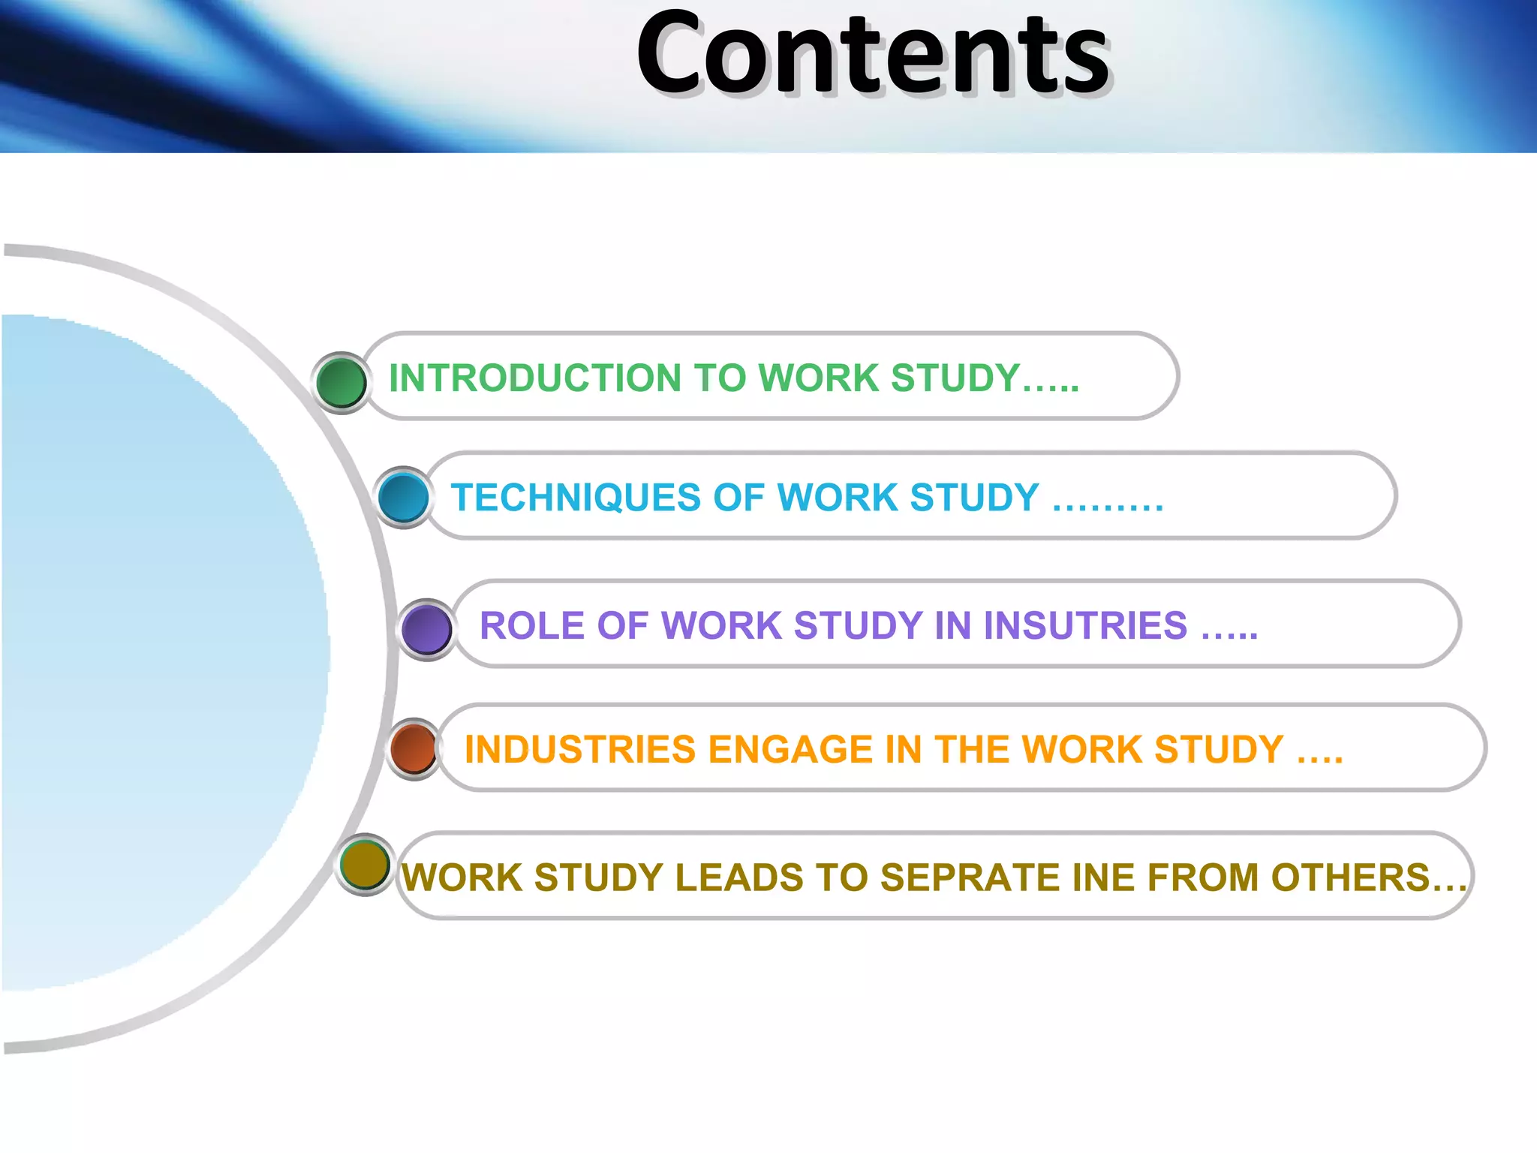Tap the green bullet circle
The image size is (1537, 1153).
(x=341, y=382)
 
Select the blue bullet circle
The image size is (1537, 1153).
(x=404, y=497)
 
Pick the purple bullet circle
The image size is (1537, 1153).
(x=426, y=629)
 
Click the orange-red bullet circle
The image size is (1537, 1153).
(x=414, y=748)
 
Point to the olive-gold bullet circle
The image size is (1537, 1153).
(x=365, y=864)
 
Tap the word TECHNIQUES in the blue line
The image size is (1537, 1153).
(x=576, y=498)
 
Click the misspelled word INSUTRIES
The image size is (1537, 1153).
(x=1085, y=626)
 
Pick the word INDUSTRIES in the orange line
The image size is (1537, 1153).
(x=580, y=750)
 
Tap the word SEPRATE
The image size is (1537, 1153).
(x=970, y=878)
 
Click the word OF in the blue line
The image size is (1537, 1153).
(x=738, y=498)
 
